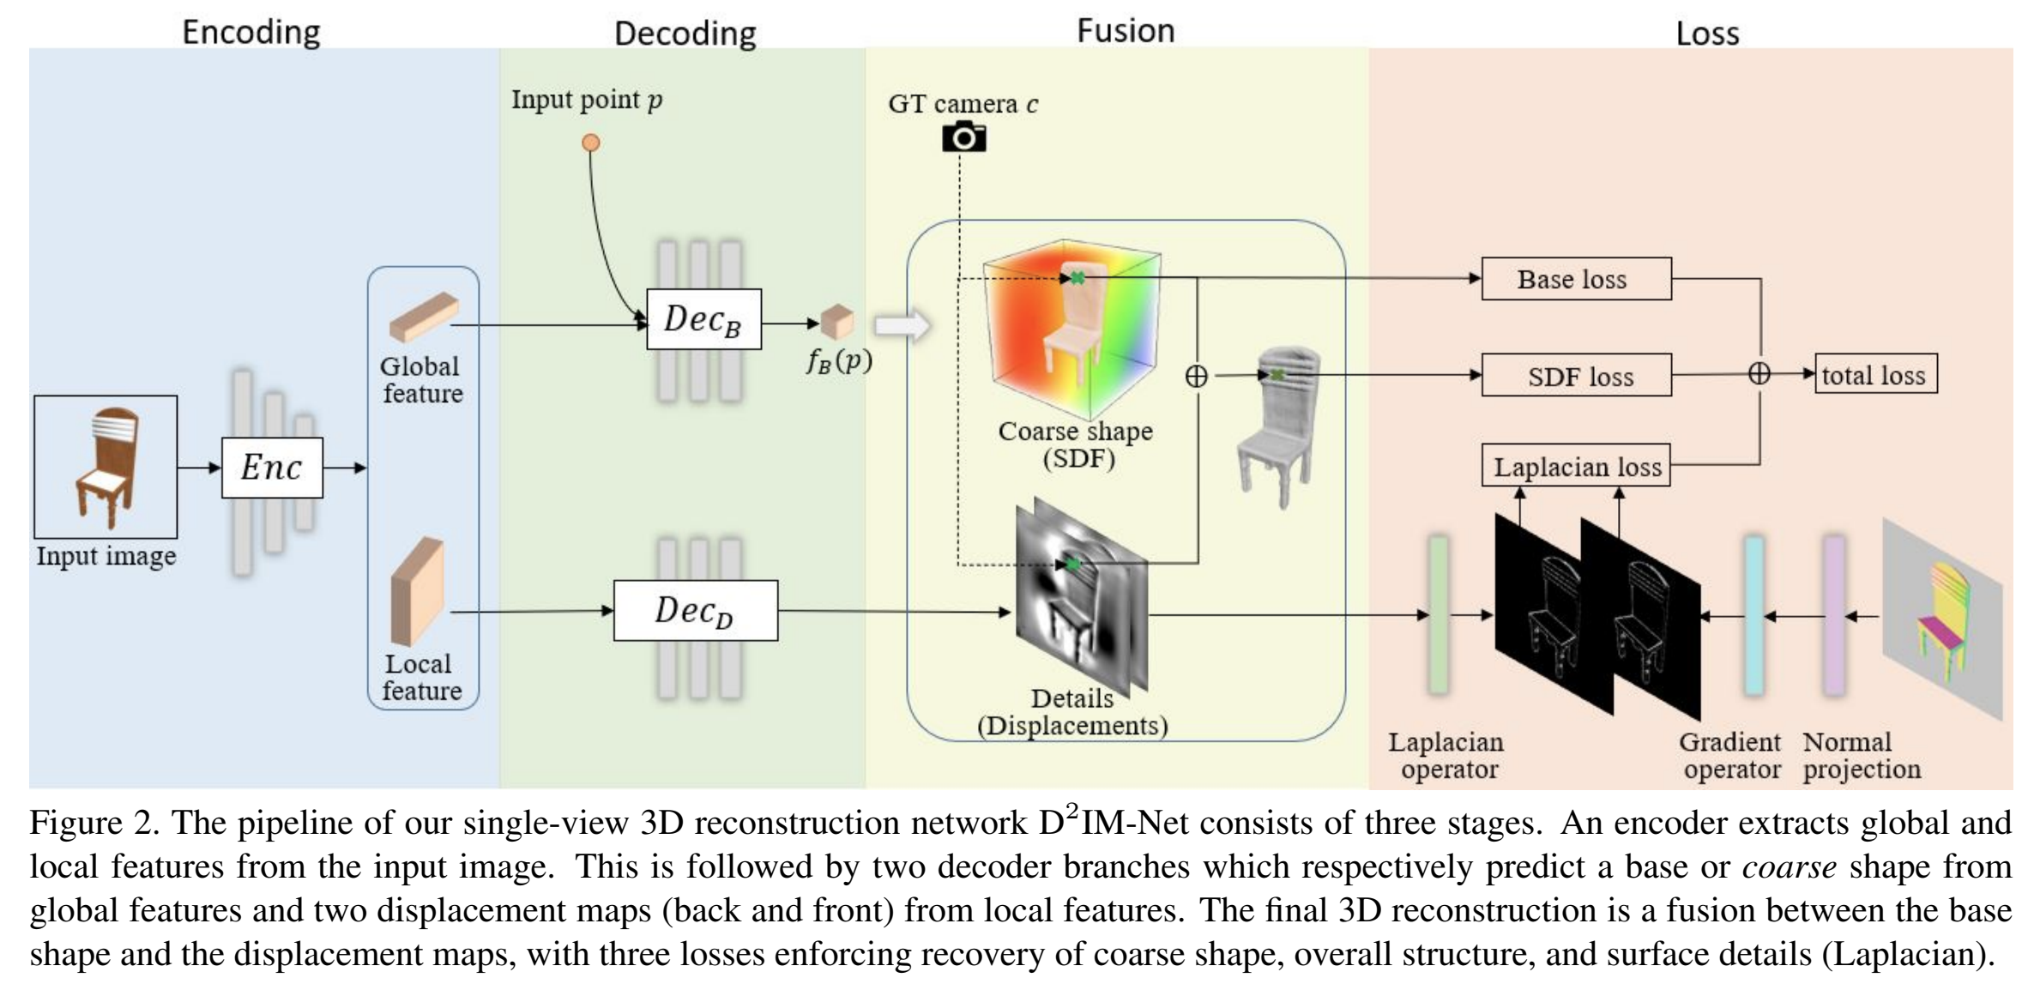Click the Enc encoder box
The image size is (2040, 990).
pyautogui.click(x=272, y=468)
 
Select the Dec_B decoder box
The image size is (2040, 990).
pyautogui.click(x=703, y=319)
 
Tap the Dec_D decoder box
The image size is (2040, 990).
pyautogui.click(x=696, y=611)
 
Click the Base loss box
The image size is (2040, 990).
pyautogui.click(x=1577, y=279)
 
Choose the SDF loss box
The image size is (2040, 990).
pyautogui.click(x=1577, y=375)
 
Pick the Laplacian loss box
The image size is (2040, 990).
pyautogui.click(x=1577, y=466)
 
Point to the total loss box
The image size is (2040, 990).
pyautogui.click(x=1876, y=374)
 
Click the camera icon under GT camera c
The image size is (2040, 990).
pyautogui.click(x=963, y=137)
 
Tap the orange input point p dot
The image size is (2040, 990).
pyautogui.click(x=591, y=142)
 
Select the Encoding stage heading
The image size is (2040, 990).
pyautogui.click(x=251, y=32)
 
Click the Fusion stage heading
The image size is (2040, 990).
pyautogui.click(x=1126, y=31)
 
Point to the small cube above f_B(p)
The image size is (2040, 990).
pyautogui.click(x=837, y=322)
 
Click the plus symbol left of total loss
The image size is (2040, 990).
pyautogui.click(x=1759, y=374)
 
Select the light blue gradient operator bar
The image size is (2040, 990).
pyautogui.click(x=1755, y=615)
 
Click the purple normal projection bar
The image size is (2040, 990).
pyautogui.click(x=1834, y=615)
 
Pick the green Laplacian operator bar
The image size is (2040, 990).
pyautogui.click(x=1439, y=615)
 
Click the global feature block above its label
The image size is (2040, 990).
pyautogui.click(x=424, y=317)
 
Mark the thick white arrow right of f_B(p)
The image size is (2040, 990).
pyautogui.click(x=902, y=326)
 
